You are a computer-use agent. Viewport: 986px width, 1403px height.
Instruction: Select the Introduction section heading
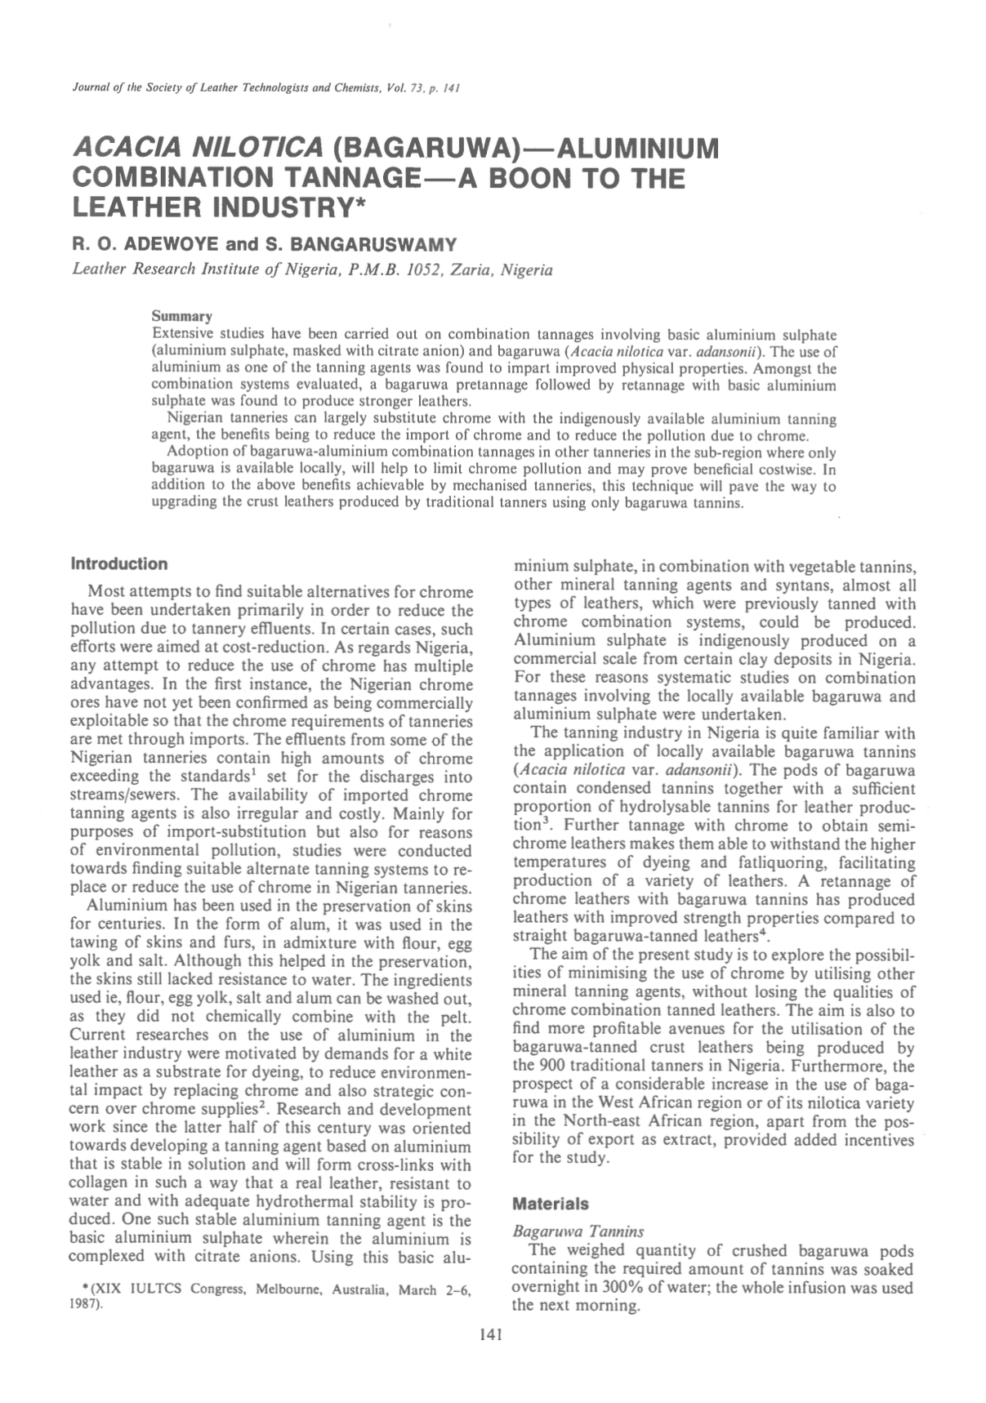click(119, 563)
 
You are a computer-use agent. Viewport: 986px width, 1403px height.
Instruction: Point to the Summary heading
click(182, 316)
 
